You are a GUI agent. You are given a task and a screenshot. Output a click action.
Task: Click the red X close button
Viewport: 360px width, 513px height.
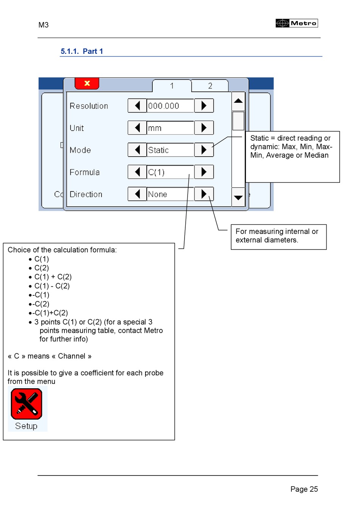87,83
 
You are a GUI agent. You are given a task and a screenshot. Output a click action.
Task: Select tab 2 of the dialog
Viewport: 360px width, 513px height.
210,86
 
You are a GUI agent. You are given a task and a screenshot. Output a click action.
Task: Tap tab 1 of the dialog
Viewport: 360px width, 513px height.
172,86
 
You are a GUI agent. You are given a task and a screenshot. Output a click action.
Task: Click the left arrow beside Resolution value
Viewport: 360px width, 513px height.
137,105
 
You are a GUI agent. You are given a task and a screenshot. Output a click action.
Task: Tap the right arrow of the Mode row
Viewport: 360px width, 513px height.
204,150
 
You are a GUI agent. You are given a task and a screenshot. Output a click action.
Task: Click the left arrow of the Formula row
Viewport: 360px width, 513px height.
137,172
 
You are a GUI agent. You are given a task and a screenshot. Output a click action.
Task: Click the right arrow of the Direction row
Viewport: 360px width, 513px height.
204,194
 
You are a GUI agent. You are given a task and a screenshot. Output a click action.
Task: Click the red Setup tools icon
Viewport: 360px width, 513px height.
27,404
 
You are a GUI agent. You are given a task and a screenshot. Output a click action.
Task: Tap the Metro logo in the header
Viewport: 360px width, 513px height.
297,23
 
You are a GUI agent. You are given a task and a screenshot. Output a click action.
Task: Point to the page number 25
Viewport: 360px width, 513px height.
313,489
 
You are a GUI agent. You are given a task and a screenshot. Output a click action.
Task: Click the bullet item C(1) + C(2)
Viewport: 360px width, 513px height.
53,277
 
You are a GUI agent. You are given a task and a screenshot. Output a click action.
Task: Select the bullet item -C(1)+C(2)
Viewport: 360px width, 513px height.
50,313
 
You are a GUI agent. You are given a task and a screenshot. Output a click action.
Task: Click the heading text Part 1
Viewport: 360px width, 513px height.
93,51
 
